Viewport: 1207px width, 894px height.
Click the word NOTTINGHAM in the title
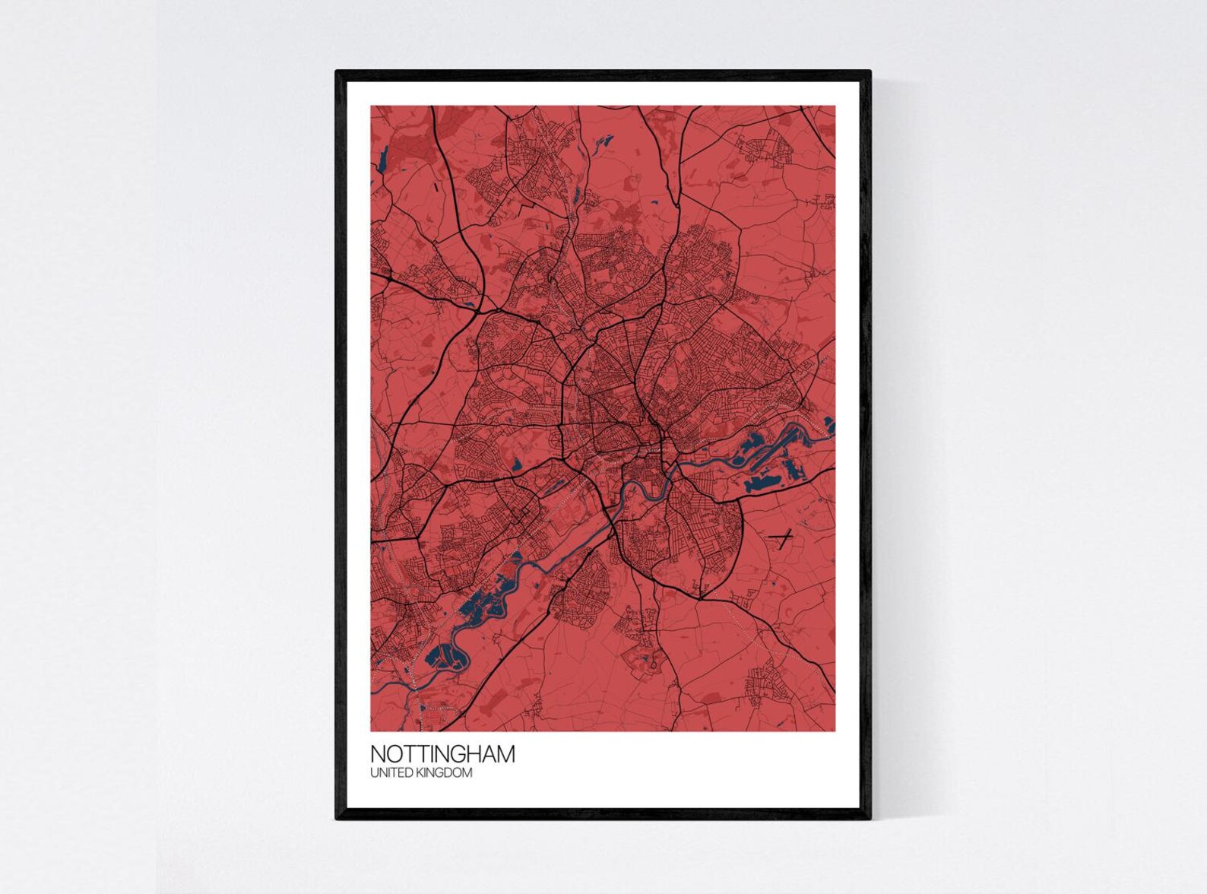pyautogui.click(x=442, y=754)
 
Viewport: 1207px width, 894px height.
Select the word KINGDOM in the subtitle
pyautogui.click(x=445, y=773)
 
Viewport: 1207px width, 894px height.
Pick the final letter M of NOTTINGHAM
pyautogui.click(x=505, y=754)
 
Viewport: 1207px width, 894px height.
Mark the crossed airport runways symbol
pyautogui.click(x=781, y=537)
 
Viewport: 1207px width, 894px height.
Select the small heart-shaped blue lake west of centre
pyautogui.click(x=517, y=463)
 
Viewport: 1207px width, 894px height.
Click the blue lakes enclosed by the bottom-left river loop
pyautogui.click(x=441, y=655)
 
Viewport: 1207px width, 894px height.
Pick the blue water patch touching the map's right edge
pyautogui.click(x=829, y=426)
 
